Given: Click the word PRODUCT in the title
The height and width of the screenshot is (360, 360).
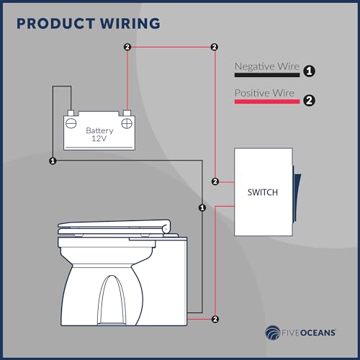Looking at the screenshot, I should click(x=55, y=24).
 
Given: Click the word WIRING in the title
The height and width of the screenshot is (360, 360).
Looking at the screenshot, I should click(x=129, y=24).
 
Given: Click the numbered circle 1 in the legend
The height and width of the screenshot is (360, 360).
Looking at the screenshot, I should click(x=308, y=71).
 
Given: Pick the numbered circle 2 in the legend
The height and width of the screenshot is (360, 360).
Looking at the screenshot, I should click(x=308, y=101).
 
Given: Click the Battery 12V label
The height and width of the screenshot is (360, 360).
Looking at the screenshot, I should click(x=99, y=134).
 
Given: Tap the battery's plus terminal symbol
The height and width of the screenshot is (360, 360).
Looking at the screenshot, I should click(x=127, y=122).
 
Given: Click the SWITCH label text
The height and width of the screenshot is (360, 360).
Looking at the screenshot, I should click(x=262, y=192).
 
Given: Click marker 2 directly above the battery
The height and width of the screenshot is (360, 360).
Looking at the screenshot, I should click(x=127, y=48).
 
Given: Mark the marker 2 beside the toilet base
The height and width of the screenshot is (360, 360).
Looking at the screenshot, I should click(x=215, y=318).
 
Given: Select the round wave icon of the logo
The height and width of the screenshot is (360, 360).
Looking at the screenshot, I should click(x=273, y=333).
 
